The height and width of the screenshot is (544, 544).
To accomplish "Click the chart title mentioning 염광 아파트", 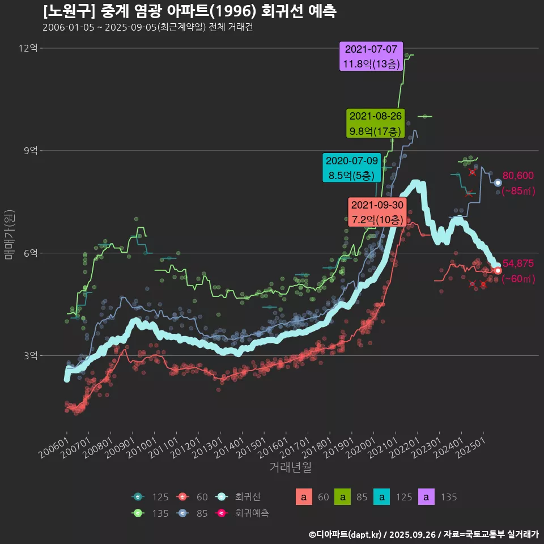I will [190, 11].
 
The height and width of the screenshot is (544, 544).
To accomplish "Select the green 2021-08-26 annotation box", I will [376, 124].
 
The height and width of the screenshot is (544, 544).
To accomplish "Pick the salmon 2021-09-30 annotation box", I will [377, 212].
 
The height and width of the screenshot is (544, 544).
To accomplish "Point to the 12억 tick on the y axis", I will [28, 48].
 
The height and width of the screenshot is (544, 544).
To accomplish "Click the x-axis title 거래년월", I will [290, 467].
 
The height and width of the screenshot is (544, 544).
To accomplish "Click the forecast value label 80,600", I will [518, 176].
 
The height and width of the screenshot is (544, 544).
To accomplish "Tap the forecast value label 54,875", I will [518, 263].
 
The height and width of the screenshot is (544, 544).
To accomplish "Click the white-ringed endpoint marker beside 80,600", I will [498, 182].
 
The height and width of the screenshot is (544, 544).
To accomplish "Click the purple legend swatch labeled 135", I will [426, 498].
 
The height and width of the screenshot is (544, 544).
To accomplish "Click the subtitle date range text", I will [147, 27].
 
